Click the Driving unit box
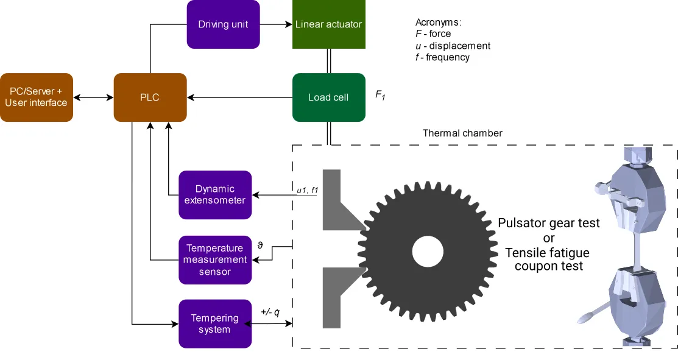click(x=223, y=24)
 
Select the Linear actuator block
click(x=328, y=24)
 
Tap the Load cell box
click(x=328, y=97)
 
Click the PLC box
click(x=150, y=97)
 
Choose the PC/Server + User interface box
click(x=36, y=97)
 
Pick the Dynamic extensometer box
click(x=215, y=195)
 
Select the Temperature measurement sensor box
click(x=215, y=259)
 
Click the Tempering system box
click(x=215, y=323)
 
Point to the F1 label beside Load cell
click(x=381, y=95)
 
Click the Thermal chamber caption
click(x=462, y=133)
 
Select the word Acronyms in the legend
click(x=438, y=23)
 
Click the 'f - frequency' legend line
click(x=442, y=57)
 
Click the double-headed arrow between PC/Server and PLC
click(x=93, y=97)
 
